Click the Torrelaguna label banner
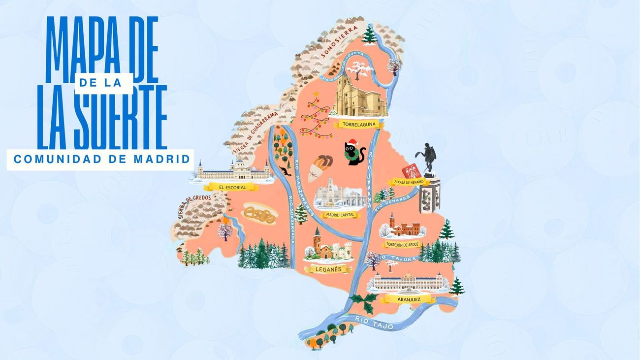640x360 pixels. (358, 125)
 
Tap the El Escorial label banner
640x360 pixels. (231, 187)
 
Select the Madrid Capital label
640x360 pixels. (340, 215)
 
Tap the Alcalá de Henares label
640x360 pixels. (406, 182)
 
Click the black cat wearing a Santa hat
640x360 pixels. (354, 153)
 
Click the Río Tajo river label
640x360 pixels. (369, 321)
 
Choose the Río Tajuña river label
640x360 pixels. (402, 258)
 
